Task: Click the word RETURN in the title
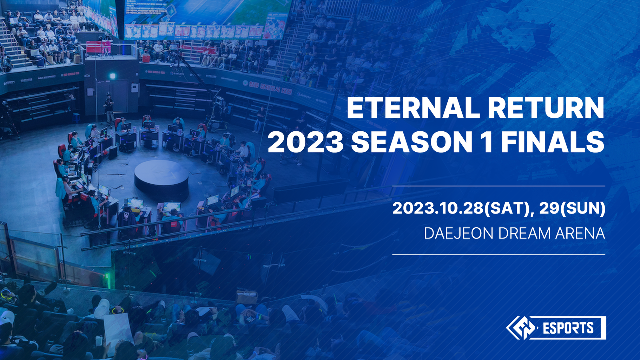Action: [546, 108]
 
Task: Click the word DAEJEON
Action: [458, 234]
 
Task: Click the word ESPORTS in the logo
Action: [568, 328]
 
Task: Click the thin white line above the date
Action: [499, 186]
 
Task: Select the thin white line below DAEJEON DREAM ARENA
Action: [499, 254]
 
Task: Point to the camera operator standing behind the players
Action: [109, 105]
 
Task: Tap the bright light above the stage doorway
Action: [113, 76]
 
